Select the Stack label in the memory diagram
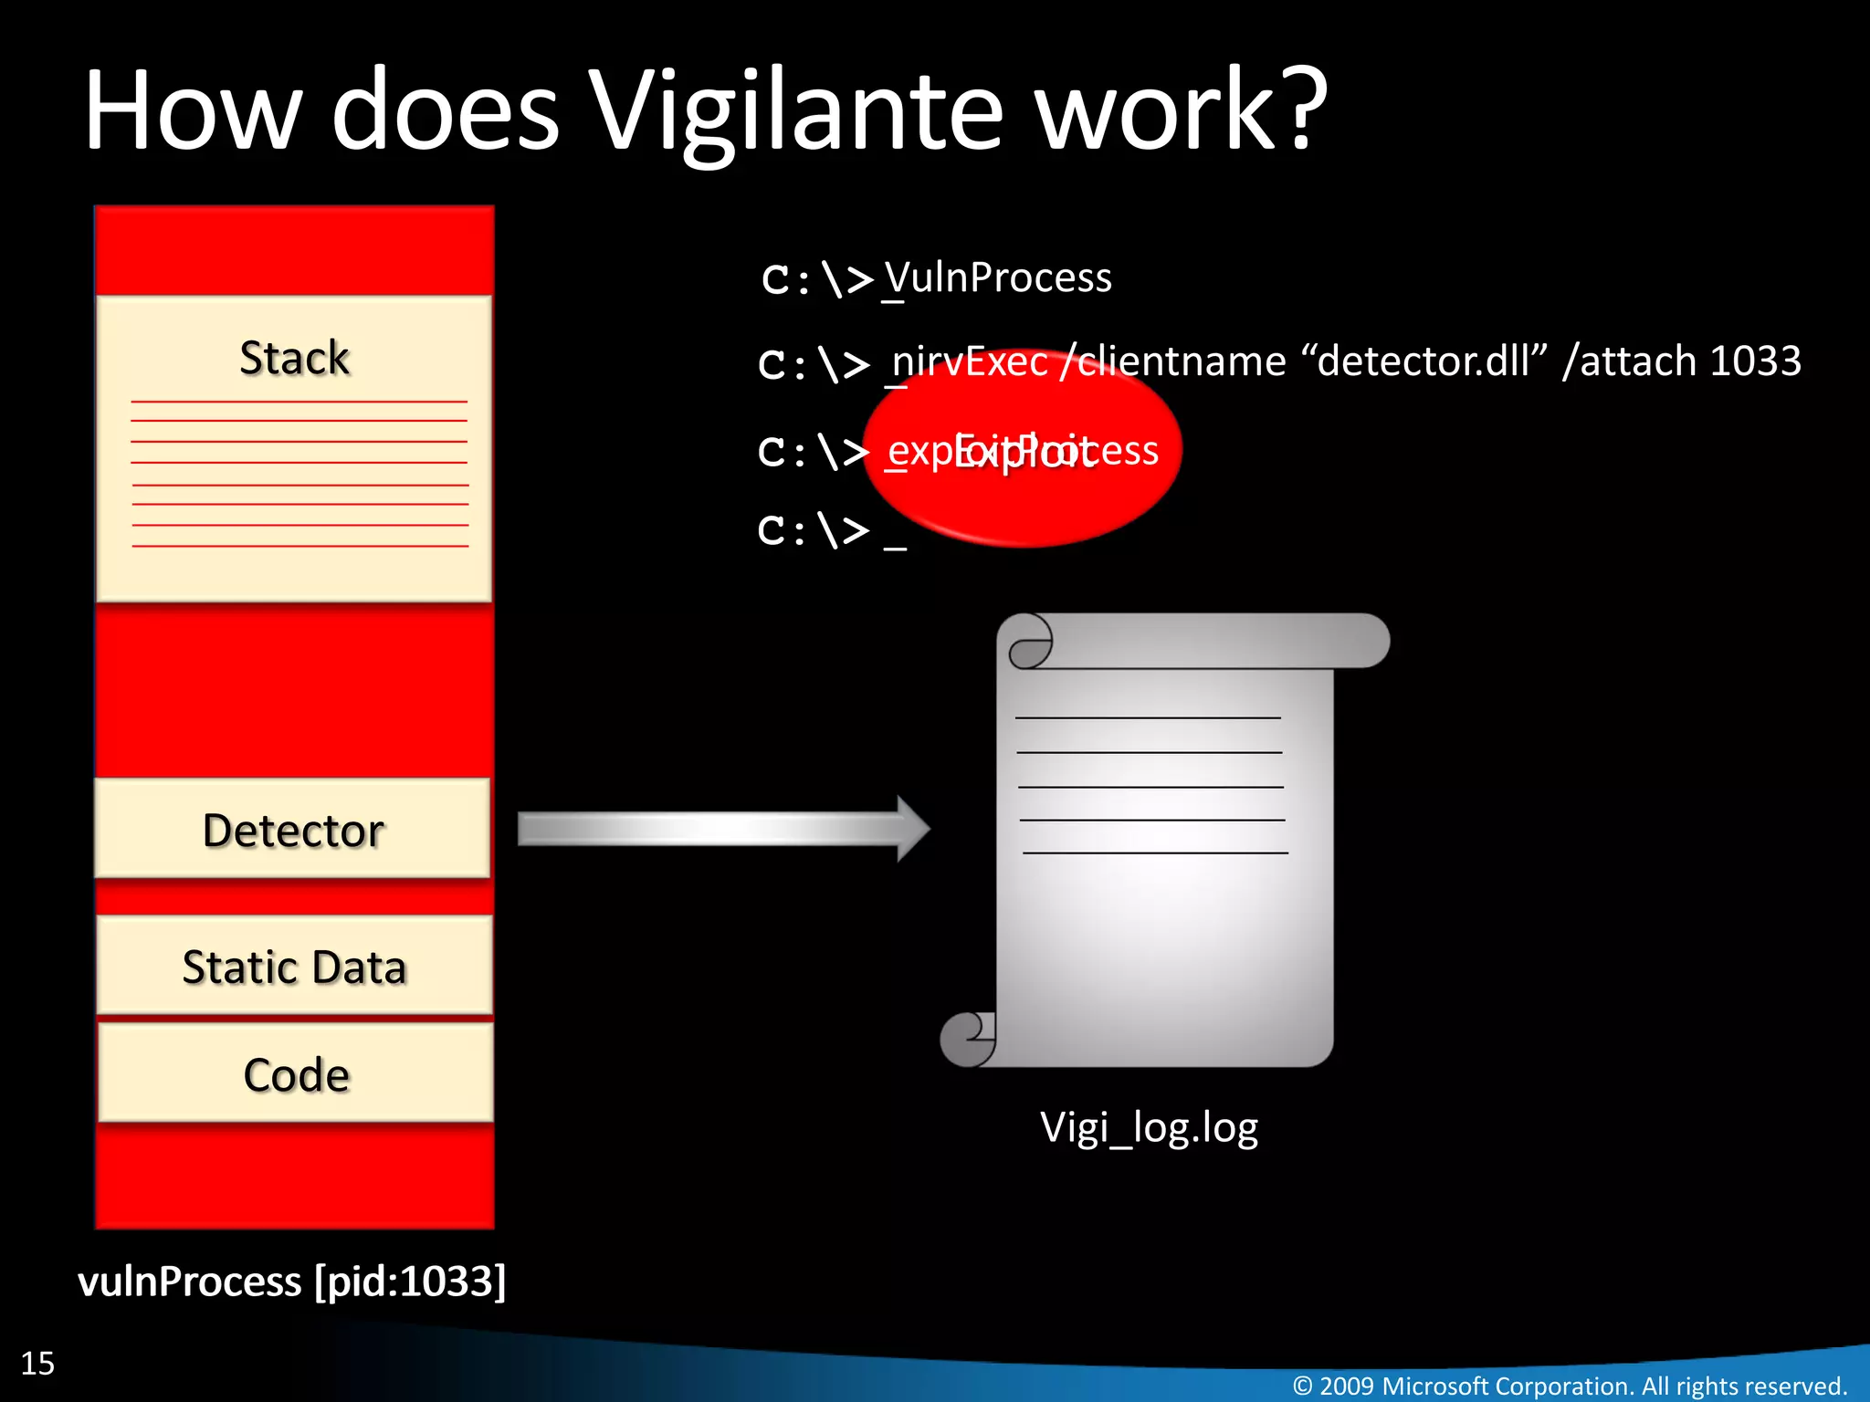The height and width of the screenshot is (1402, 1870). pos(294,358)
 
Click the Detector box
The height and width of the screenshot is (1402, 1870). pos(292,830)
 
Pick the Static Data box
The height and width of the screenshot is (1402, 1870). pos(294,967)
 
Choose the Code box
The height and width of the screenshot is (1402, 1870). pos(296,1074)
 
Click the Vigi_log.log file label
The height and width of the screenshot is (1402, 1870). pos(1149,1128)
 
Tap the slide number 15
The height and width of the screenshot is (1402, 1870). pos(37,1363)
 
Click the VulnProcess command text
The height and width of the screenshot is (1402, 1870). pos(998,277)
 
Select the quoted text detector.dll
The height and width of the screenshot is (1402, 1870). pos(1424,361)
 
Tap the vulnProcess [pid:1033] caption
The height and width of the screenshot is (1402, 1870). pos(291,1281)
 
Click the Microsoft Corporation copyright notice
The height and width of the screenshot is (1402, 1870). pos(1570,1386)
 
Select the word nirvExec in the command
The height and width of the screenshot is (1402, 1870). pos(970,362)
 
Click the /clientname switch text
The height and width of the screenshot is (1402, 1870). pos(1173,362)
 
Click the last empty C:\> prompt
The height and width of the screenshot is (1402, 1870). pos(814,530)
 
